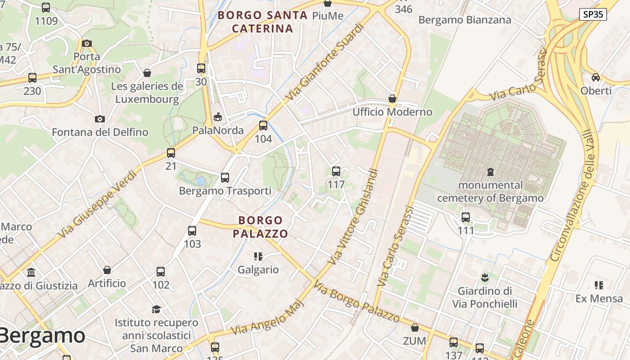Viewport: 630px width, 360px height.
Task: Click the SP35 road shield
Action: (593, 14)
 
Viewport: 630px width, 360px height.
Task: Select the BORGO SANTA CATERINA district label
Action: (262, 22)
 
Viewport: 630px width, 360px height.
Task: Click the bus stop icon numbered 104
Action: (263, 126)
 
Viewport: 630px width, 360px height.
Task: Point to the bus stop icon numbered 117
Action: (336, 171)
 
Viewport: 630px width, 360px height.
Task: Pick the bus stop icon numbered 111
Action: (466, 217)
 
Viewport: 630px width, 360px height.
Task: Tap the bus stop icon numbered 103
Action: (192, 231)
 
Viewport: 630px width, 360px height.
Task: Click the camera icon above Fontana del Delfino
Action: (100, 119)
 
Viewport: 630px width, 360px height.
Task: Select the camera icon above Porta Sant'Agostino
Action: (87, 44)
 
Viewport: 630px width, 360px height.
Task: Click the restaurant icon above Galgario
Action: (258, 256)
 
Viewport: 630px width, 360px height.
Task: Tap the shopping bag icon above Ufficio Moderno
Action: (392, 99)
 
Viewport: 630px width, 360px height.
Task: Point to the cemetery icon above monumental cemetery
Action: (490, 171)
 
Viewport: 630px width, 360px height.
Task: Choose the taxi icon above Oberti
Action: (596, 77)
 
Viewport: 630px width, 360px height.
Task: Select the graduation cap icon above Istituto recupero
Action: (156, 309)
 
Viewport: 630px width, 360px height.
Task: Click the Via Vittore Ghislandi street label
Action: (353, 217)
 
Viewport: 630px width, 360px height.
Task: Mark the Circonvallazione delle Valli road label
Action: (574, 196)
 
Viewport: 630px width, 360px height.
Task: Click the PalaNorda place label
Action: (218, 130)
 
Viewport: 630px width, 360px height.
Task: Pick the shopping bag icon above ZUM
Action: (414, 327)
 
